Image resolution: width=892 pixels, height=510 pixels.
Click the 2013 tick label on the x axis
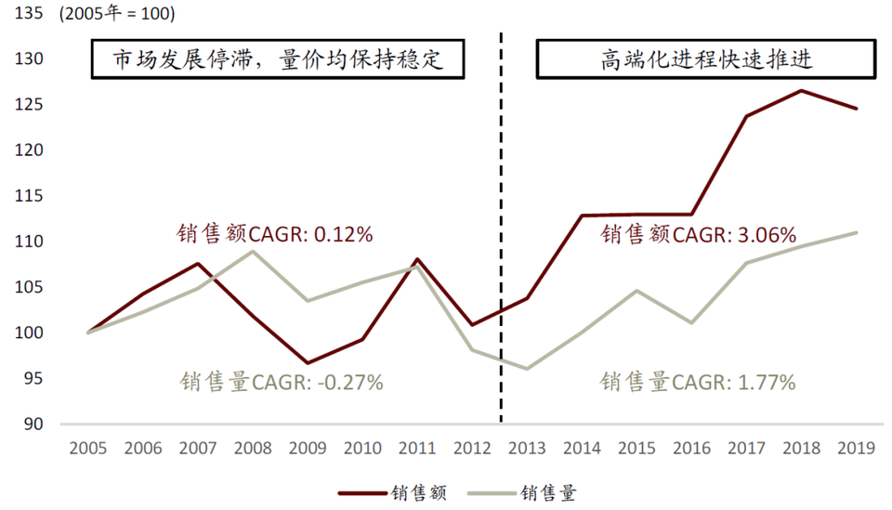coord(527,449)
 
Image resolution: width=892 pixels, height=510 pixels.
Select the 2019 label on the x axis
coord(856,449)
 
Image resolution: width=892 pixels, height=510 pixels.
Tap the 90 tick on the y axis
coord(33,424)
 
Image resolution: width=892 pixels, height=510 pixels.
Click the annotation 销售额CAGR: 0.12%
coord(275,234)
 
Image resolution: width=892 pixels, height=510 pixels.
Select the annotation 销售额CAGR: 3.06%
coord(698,234)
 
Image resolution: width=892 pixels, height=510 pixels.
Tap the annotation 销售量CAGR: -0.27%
coord(281,381)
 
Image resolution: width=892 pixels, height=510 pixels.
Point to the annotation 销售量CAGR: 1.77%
coord(698,381)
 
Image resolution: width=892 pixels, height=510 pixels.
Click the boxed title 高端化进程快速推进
coord(705,60)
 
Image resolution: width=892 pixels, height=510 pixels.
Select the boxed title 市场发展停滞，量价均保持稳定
coord(276,60)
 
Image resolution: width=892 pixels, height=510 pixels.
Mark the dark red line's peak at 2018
coord(801,91)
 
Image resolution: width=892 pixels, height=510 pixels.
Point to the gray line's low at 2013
coord(527,369)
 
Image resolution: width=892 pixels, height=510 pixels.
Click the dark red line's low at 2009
coord(308,363)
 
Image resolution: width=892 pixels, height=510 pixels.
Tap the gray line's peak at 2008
coord(253,251)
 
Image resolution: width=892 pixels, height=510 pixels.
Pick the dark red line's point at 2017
coord(746,116)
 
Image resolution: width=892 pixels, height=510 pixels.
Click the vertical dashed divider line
coord(501,232)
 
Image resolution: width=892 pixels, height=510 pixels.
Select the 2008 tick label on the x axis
coord(253,449)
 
